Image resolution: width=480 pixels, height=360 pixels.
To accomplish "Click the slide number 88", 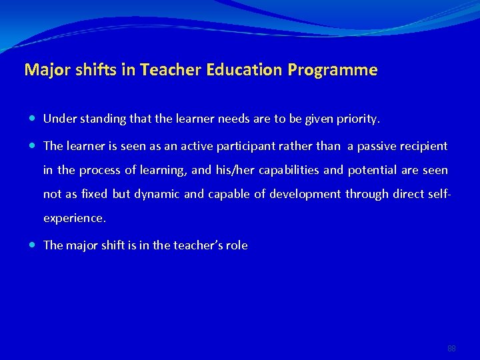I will click(451, 349).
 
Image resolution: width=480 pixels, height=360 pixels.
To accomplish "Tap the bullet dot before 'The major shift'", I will click(33, 245).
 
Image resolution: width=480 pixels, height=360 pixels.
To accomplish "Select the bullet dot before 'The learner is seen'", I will click(33, 146).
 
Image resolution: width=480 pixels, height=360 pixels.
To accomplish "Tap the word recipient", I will click(425, 146).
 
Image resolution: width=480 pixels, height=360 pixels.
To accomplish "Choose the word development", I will click(303, 194).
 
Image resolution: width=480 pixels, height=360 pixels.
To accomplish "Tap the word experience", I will click(73, 218).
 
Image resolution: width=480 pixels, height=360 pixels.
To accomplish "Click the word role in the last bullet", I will click(237, 245).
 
